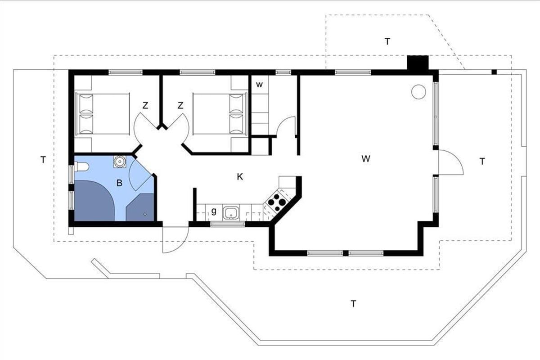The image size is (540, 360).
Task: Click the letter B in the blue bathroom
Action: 119,183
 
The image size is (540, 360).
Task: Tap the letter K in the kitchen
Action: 240,177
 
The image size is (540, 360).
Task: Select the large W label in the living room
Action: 366,159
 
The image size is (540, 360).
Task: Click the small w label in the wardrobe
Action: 259,85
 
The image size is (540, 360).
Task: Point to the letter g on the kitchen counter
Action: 214,211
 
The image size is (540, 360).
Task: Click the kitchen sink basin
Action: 231,213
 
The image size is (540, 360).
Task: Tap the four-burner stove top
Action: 276,202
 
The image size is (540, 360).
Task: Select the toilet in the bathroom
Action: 81,166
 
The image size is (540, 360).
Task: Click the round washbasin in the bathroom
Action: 119,162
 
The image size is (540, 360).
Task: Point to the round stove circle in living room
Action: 418,92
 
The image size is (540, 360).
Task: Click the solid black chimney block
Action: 418,63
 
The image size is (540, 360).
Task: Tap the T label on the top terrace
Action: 387,42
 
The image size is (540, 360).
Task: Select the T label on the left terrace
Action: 43,160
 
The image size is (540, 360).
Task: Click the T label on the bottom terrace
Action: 353,304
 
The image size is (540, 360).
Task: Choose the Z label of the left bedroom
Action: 145,105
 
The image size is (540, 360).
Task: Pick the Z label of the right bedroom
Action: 180,105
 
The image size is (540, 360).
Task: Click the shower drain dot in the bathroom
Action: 145,214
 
